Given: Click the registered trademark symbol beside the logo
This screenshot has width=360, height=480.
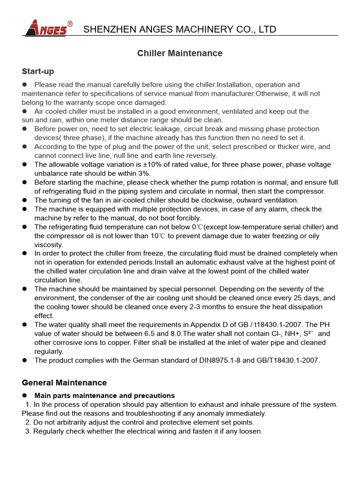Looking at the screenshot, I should point(70,23).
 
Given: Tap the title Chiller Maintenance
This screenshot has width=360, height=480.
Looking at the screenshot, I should point(180,53).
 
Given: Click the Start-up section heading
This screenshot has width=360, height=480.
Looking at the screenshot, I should point(38,71).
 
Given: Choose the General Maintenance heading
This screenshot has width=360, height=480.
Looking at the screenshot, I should point(64,383).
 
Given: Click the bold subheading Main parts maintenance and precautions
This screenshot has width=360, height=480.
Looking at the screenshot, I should point(105,396).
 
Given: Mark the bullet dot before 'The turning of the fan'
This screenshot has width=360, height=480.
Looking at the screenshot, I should point(25,200).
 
